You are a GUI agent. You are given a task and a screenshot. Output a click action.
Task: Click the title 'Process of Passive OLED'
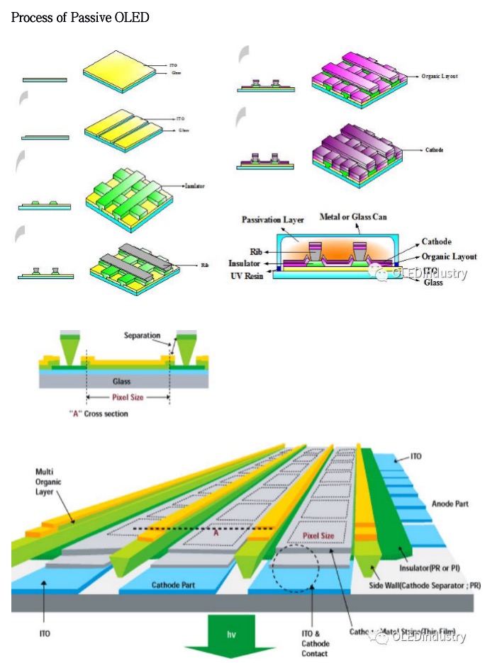[80, 17]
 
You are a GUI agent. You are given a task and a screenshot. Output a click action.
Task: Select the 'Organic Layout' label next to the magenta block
[440, 76]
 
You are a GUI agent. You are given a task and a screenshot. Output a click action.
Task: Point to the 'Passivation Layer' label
[273, 220]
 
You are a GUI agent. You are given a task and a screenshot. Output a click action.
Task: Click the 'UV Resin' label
[247, 275]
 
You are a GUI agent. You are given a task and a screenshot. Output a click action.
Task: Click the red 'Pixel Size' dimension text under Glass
[128, 398]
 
